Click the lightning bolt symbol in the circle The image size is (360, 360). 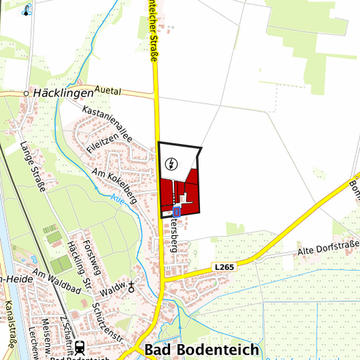[x=172, y=163]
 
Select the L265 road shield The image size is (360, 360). [x=225, y=267]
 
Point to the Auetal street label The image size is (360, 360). [x=111, y=89]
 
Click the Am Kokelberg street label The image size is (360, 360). [x=115, y=185]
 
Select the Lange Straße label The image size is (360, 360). [x=32, y=166]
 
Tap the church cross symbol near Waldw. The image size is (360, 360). [x=131, y=287]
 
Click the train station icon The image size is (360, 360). [x=80, y=347]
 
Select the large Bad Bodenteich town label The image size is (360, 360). [x=193, y=351]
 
